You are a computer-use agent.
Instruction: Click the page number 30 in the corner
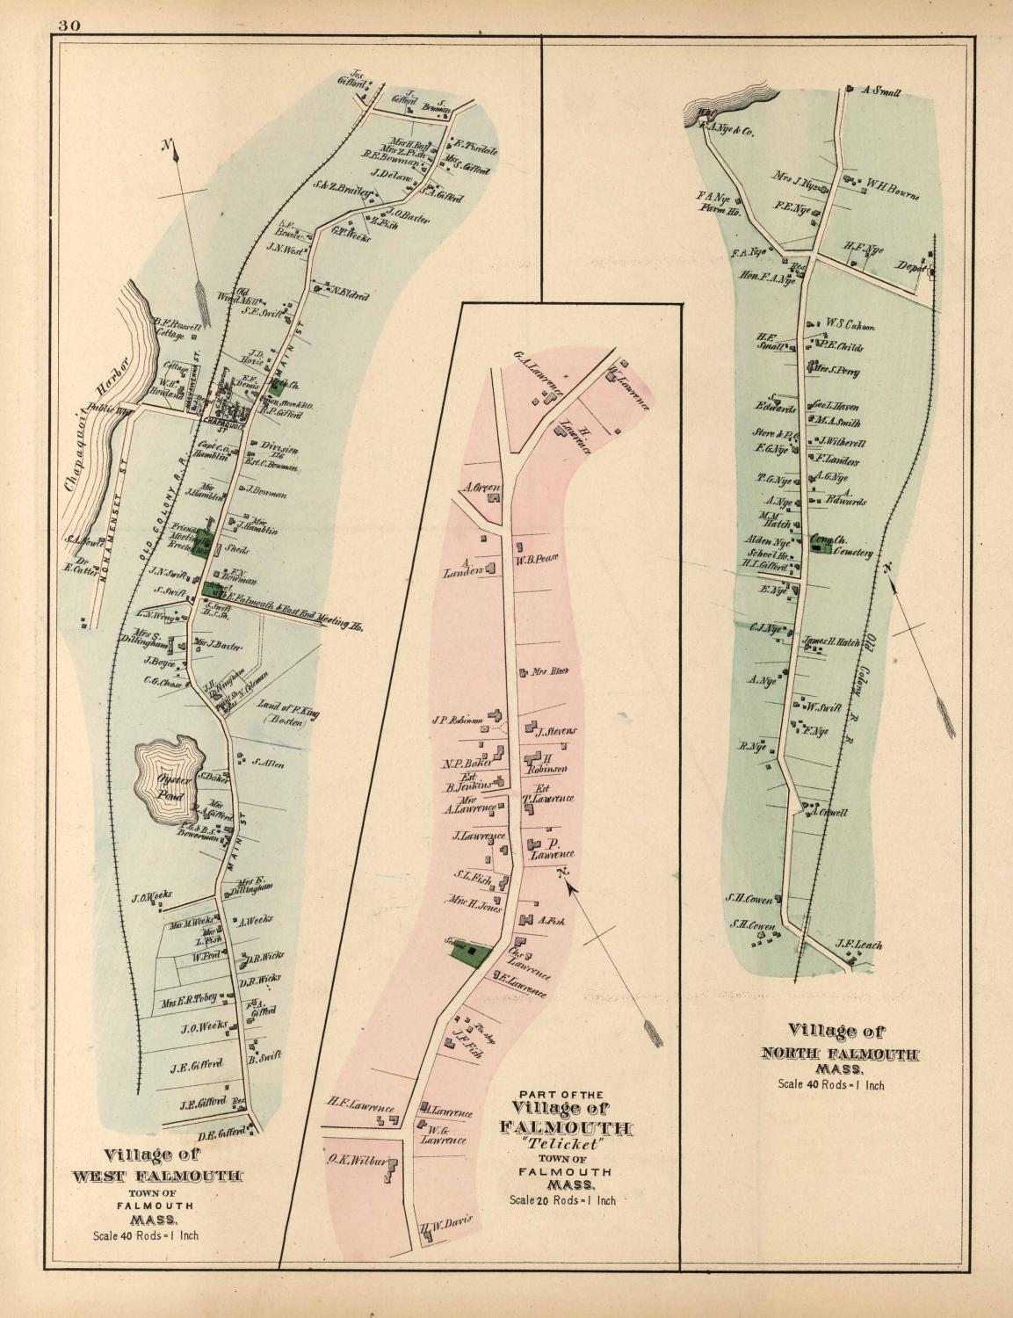(70, 25)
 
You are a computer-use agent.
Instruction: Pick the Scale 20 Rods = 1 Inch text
(562, 1199)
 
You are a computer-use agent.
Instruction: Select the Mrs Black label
(550, 672)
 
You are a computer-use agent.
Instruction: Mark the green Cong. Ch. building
(822, 547)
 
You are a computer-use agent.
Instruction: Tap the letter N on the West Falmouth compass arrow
(165, 145)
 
